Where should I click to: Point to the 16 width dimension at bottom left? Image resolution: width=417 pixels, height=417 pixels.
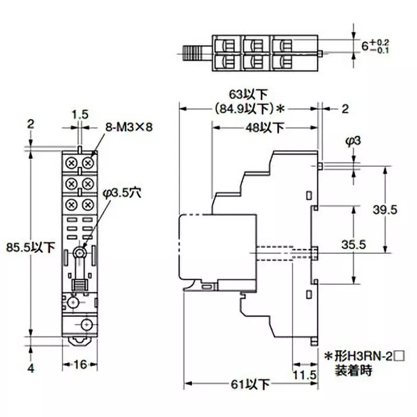pyautogui.click(x=79, y=365)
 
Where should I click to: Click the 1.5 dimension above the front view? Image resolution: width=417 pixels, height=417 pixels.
pyautogui.click(x=79, y=113)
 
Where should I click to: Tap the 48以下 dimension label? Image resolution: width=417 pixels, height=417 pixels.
pyautogui.click(x=265, y=127)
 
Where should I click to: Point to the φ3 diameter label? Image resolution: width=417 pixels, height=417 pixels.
pyautogui.click(x=352, y=142)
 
